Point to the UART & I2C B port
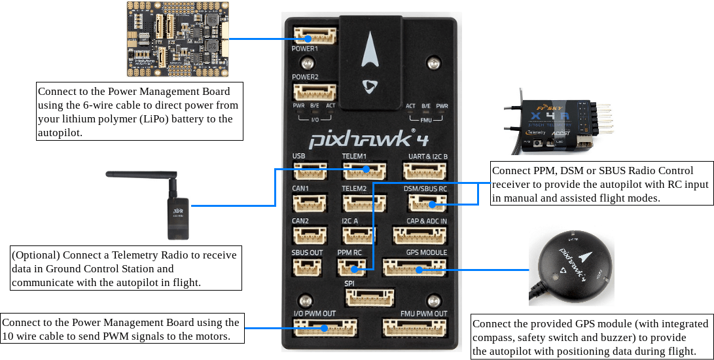pos(425,171)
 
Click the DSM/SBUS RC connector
pos(425,204)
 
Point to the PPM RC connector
pos(351,267)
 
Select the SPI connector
pos(370,298)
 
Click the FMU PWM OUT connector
pos(414,327)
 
